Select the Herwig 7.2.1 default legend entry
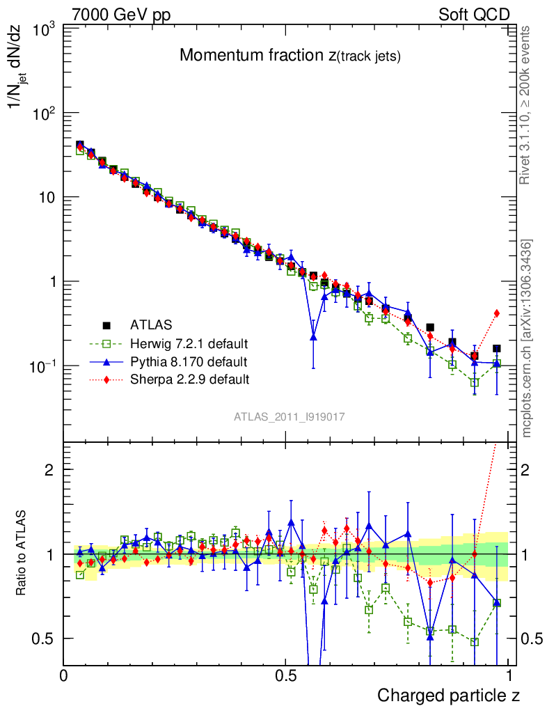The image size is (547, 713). coord(189,343)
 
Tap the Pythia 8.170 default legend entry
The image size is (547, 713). coord(188,361)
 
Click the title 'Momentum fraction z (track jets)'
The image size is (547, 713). coord(290,56)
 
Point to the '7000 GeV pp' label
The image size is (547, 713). coord(121,15)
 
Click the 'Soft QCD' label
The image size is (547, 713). coord(474,15)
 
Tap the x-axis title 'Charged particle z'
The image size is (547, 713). coord(448,695)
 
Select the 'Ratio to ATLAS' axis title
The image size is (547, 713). coord(23,554)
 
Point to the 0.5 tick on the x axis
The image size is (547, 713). coord(286,675)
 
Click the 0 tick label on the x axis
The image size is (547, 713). coord(64,675)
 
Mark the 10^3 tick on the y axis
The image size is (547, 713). coord(43,30)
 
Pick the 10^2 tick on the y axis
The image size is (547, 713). coord(43,113)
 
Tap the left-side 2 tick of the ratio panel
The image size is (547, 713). coord(50,469)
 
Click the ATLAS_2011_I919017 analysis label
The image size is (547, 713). coord(290,416)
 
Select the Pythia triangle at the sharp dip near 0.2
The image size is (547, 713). coord(313,336)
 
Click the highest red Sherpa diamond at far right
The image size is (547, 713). coord(496,313)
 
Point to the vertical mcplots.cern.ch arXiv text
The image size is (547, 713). coord(528,338)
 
